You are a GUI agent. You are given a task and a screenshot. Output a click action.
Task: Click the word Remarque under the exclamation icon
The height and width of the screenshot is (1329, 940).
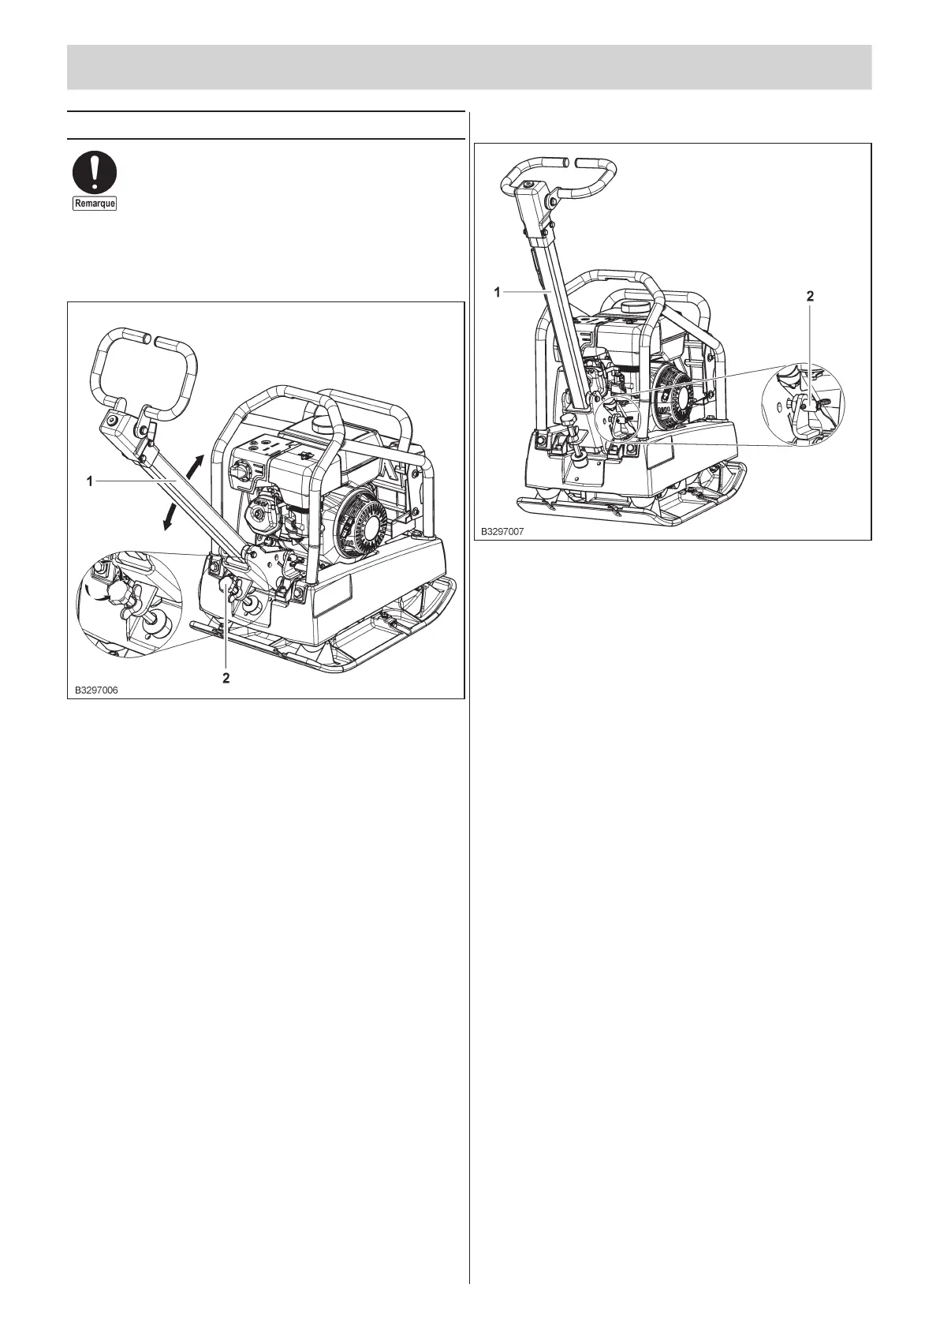[95, 204]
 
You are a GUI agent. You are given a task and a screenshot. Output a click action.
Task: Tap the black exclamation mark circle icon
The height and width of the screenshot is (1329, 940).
[95, 173]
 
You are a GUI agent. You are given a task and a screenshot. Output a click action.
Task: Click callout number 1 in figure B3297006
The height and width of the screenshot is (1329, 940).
[91, 481]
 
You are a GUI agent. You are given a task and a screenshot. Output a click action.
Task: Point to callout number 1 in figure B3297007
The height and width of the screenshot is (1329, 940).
[498, 292]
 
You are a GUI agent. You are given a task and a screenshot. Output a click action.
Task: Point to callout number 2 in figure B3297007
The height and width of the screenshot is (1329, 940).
[809, 297]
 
